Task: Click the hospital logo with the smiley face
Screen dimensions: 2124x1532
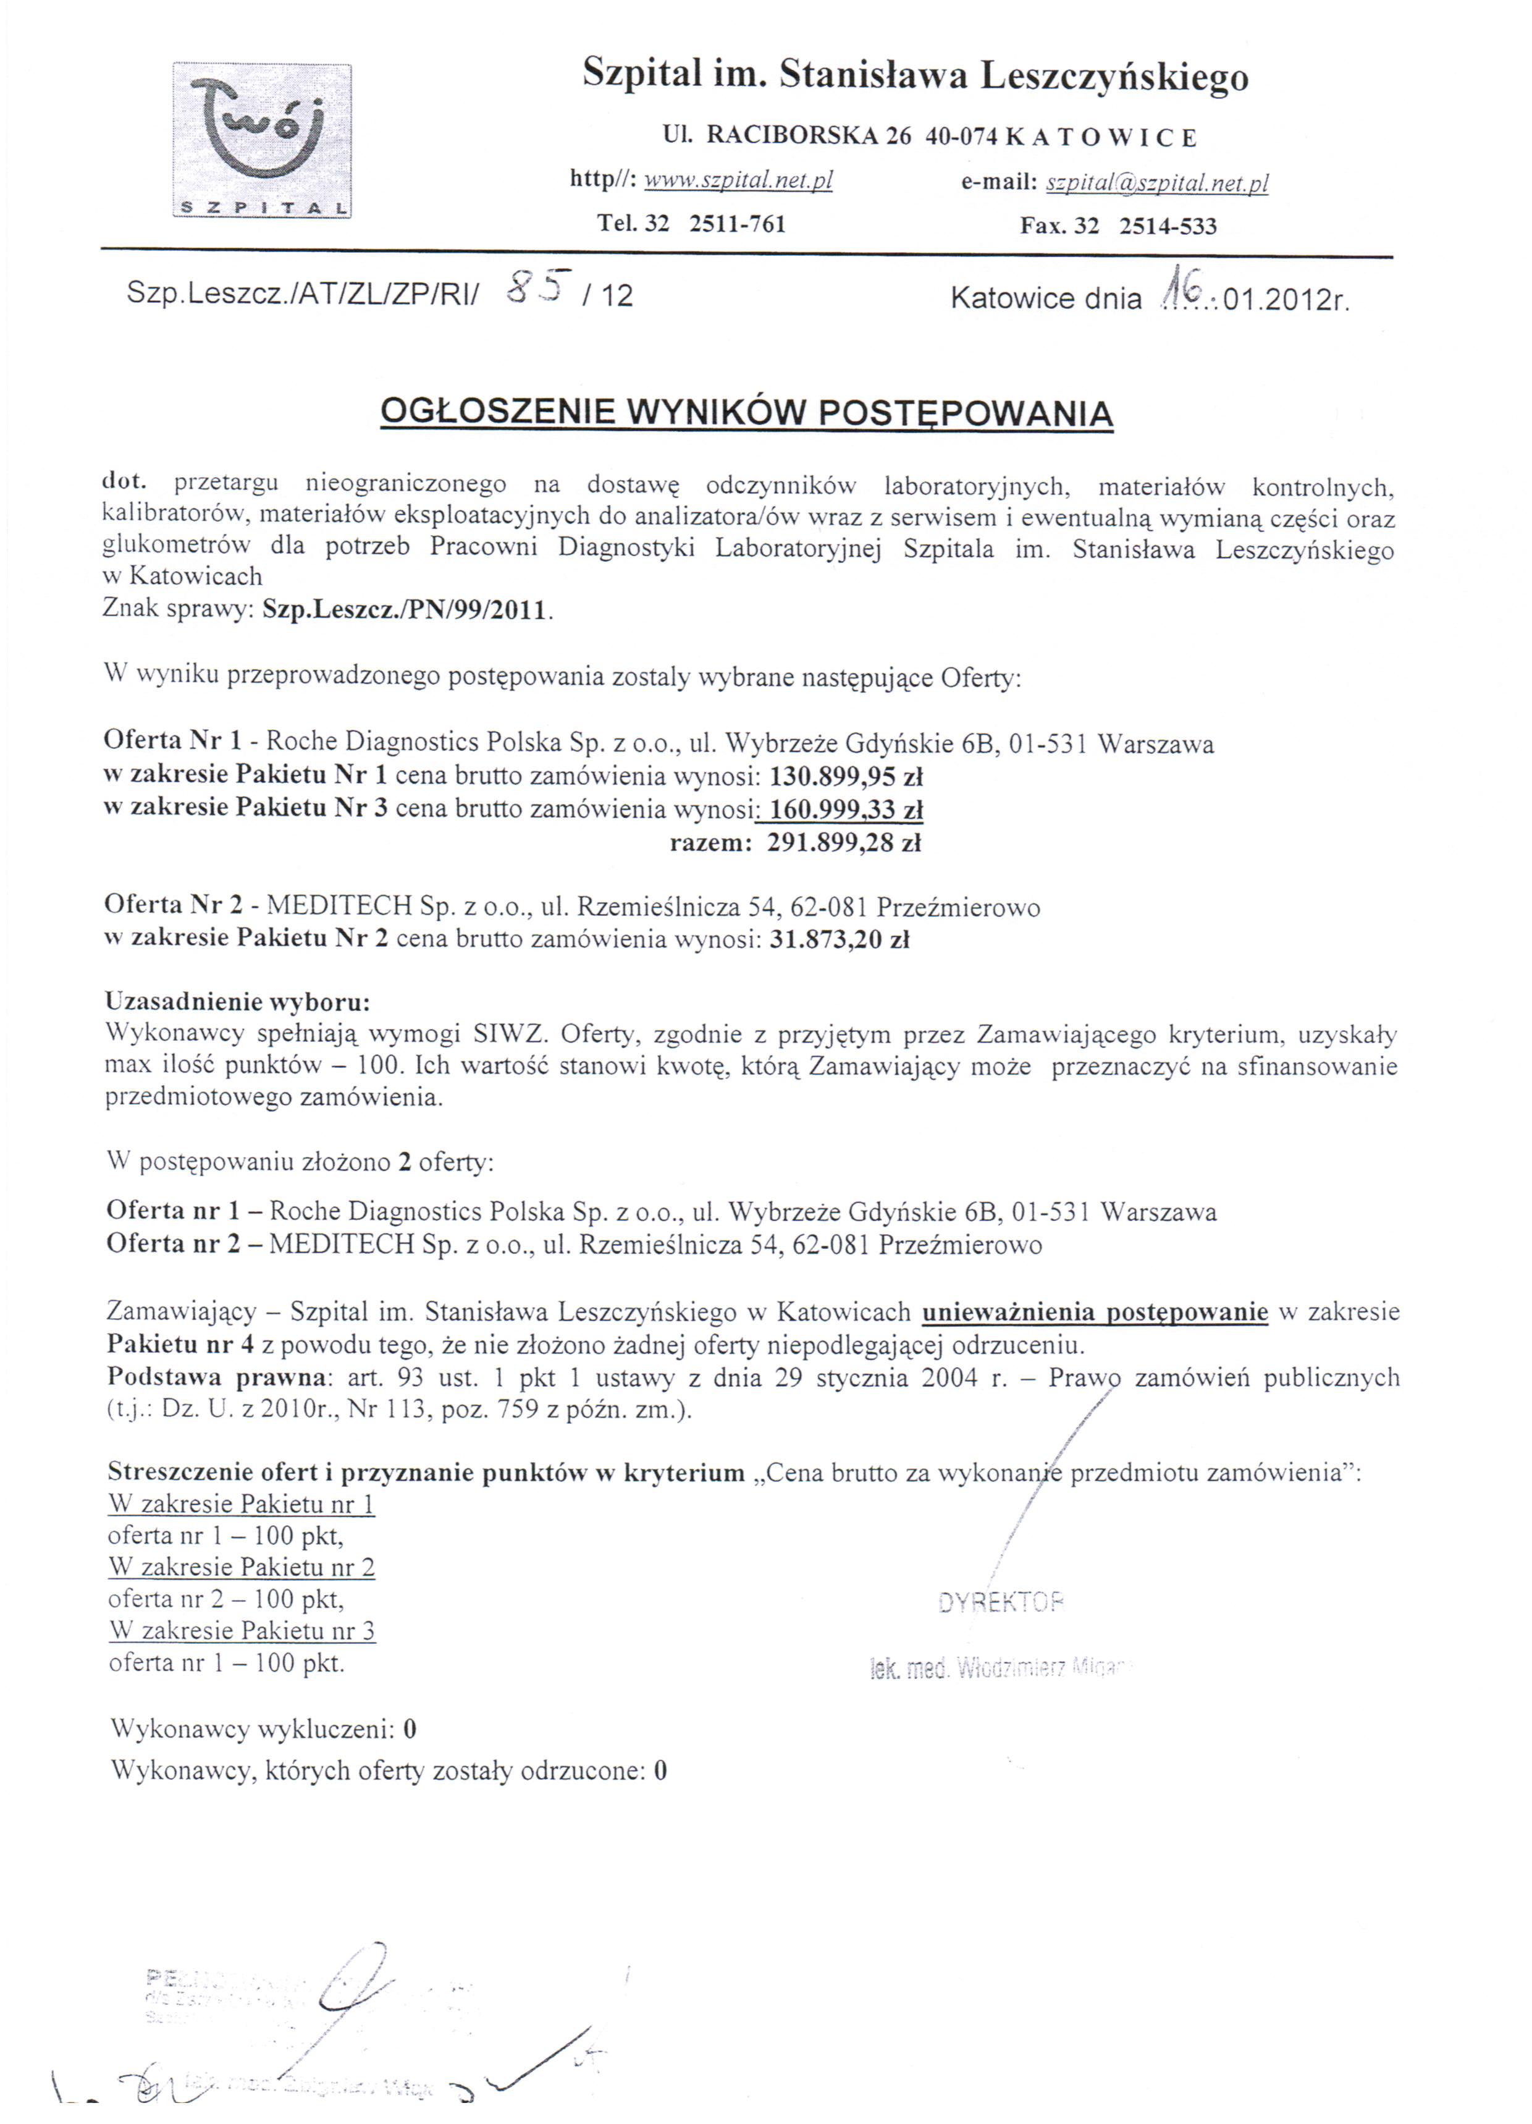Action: (x=262, y=140)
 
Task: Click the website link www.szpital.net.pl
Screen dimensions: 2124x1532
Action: (x=738, y=180)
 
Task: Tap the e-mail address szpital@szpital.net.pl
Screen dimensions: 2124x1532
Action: (x=1156, y=183)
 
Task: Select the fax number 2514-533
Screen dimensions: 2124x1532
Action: (x=1167, y=226)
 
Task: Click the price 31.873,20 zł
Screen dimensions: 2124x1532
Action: (x=839, y=938)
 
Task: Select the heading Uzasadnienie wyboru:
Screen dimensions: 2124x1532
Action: (x=238, y=1001)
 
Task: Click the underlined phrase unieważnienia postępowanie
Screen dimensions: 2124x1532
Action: (x=1095, y=1311)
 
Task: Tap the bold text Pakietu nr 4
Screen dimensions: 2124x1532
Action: (x=180, y=1344)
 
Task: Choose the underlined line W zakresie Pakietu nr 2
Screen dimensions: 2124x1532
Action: (x=242, y=1566)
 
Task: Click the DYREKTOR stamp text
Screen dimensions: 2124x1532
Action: (x=1001, y=1601)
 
